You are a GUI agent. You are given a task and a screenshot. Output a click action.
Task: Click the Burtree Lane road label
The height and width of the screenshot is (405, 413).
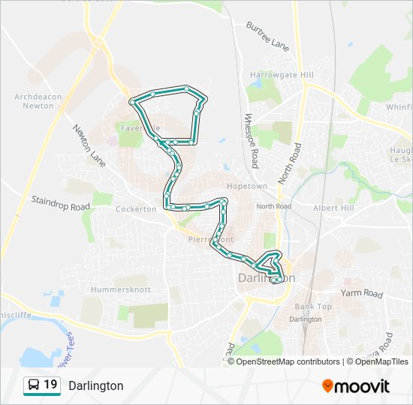pos(267,35)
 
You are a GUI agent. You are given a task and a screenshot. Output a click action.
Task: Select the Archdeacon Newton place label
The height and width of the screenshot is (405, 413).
pos(34,100)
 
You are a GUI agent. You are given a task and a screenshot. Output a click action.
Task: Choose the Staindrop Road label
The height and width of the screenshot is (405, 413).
pos(60,202)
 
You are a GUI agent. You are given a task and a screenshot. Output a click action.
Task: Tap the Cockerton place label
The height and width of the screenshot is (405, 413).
pos(136,209)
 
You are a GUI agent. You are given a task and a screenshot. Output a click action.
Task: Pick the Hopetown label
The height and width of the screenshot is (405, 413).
pos(246,186)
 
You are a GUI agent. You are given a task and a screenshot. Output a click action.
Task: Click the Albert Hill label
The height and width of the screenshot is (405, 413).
pos(333,208)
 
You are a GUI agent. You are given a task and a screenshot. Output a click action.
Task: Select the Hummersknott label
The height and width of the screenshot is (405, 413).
pos(120,289)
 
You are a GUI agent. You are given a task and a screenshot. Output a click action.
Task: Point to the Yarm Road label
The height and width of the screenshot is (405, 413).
pos(361,293)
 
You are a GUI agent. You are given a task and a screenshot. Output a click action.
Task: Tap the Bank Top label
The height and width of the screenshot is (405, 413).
pos(313,307)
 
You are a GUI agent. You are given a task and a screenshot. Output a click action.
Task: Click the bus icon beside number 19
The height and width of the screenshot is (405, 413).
pos(34,385)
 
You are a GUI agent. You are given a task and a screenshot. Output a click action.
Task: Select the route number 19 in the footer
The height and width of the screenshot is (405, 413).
pos(50,385)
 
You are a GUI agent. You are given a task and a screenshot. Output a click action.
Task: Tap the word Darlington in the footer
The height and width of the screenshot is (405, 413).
pos(96,385)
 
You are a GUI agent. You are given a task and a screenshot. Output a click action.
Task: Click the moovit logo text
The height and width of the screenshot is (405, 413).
pos(363,385)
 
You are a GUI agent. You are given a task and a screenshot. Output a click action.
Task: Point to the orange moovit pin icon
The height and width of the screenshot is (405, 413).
pos(328,385)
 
